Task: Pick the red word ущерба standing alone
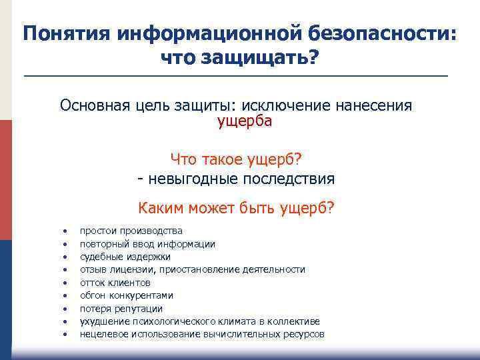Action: (x=245, y=121)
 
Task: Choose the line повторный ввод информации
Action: (x=147, y=244)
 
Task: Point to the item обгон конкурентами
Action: (x=127, y=295)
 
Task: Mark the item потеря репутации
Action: (x=121, y=309)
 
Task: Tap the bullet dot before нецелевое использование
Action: (x=65, y=334)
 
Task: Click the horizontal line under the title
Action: (x=236, y=77)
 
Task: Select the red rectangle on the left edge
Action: (x=5, y=180)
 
